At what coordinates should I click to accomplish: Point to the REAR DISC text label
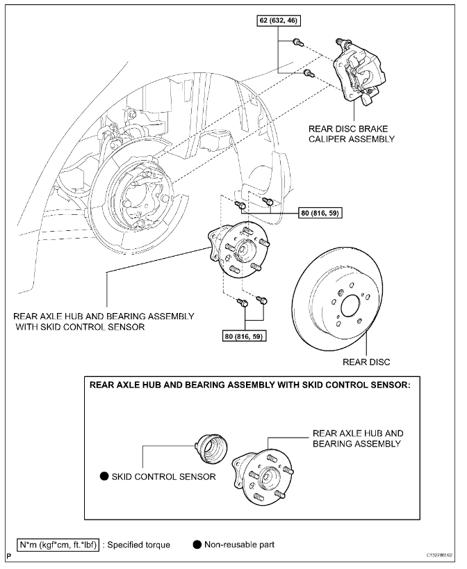click(366, 362)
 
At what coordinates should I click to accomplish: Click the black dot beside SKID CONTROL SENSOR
click(104, 476)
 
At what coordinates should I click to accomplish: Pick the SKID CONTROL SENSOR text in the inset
click(163, 476)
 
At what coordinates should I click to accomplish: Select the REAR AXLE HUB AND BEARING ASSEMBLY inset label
click(358, 438)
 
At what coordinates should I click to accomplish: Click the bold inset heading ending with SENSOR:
click(248, 385)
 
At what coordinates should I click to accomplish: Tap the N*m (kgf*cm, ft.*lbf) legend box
click(57, 544)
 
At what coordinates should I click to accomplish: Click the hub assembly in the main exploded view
click(239, 250)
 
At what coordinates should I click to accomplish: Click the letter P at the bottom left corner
click(8, 556)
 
